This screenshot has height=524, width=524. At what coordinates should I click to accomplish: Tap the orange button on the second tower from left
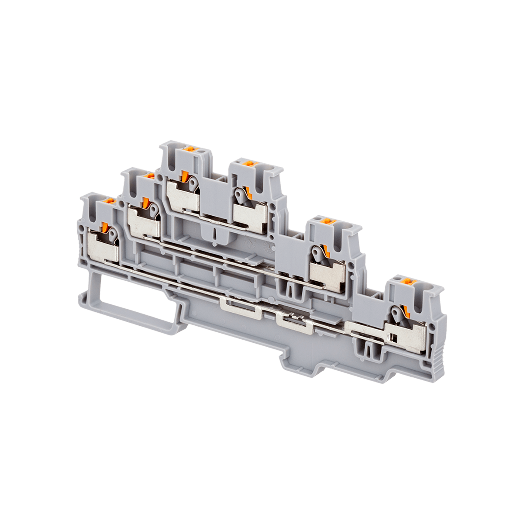(x=148, y=176)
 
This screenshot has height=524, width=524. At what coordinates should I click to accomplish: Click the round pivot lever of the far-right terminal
(x=396, y=313)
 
